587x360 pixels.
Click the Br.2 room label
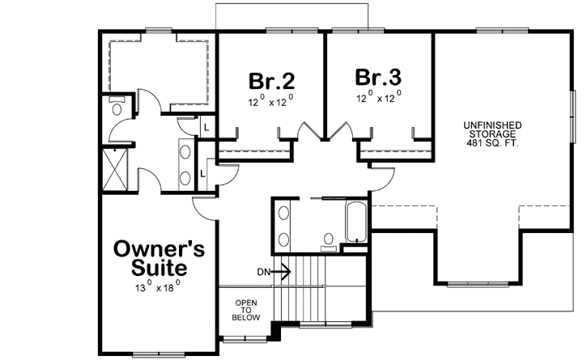[x=271, y=81]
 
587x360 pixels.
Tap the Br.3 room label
[x=378, y=78]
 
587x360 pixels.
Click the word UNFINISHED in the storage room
[x=492, y=125]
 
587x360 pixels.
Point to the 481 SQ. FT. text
[x=492, y=143]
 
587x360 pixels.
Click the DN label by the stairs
[x=262, y=272]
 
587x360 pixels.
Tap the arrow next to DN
[x=283, y=272]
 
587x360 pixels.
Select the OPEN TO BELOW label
[x=246, y=311]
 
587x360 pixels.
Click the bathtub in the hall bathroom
[x=356, y=222]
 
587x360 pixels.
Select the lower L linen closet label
[x=202, y=171]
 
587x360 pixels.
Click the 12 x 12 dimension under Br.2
[x=270, y=102]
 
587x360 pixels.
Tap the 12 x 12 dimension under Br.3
[x=378, y=98]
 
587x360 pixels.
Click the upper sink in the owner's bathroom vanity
[x=184, y=150]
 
